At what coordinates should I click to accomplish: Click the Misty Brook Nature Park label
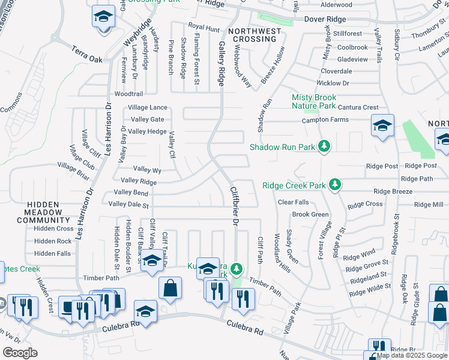coord(314,101)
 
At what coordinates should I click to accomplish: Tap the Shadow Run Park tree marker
coord(325,146)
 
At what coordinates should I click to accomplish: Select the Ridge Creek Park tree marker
coord(336,185)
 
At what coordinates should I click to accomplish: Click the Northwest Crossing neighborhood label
coord(255,35)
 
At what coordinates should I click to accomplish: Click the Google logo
coord(20,353)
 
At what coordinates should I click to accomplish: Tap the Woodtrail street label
coord(128,94)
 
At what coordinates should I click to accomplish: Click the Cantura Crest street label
coord(358,107)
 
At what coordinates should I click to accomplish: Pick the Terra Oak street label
coord(88,56)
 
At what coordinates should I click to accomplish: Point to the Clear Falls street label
coord(293,202)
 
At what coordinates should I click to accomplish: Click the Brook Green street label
coord(310,214)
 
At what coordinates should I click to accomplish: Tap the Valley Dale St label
coord(128,205)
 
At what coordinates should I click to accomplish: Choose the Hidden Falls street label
coord(53,254)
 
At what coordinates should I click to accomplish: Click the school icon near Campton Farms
coord(382,126)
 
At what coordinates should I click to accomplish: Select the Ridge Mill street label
coord(429,205)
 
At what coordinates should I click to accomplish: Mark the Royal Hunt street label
coord(204,27)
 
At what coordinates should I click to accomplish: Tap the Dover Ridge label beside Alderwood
coord(325,19)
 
